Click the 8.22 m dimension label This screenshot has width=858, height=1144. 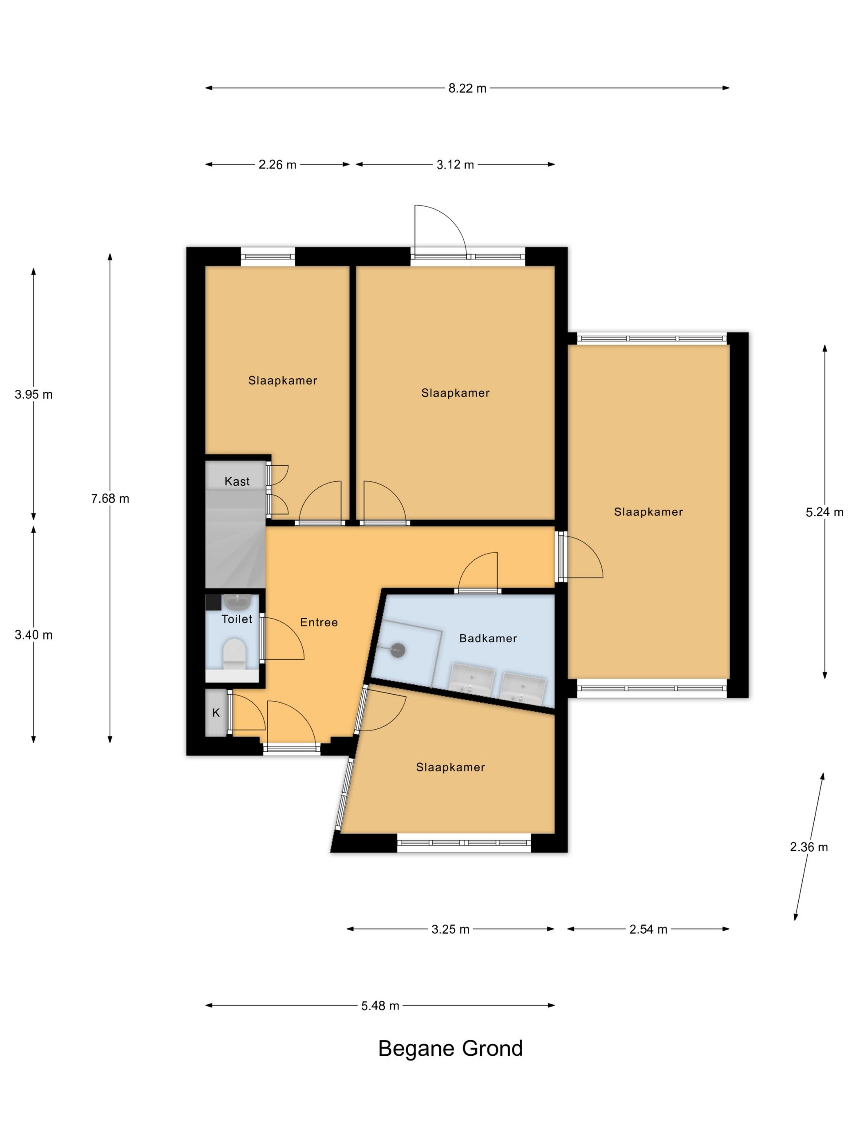pos(467,88)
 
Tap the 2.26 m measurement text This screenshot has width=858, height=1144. pos(277,165)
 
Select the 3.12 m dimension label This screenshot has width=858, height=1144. pos(455,165)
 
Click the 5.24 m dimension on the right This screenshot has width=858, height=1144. pos(824,512)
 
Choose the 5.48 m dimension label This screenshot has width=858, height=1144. pos(380,1005)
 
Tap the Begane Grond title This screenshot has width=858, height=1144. pos(451,1048)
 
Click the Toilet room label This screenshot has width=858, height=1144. pos(237,619)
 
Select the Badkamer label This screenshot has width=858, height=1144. pos(488,638)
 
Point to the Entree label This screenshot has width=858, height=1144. pos(319,622)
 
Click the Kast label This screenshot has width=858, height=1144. pos(237,481)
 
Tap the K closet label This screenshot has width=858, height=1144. pos(216,713)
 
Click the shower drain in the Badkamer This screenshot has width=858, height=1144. pos(397,650)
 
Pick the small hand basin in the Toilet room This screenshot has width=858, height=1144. pos(237,601)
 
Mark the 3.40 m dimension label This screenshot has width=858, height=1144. pos(34,635)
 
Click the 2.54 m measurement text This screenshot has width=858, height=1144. pos(648,929)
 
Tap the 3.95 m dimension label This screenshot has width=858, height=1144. pos(34,395)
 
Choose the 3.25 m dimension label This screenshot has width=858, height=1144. pos(451,929)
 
